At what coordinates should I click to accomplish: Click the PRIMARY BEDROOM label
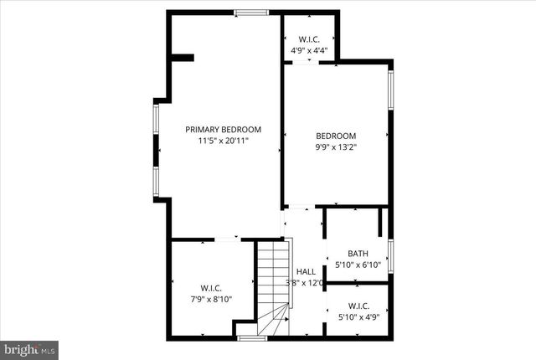(x=223, y=130)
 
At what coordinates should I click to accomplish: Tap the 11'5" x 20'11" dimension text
(x=223, y=141)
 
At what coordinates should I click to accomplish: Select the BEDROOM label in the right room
(x=336, y=136)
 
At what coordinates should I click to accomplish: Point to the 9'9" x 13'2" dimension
(x=336, y=147)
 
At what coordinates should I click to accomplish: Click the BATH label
(x=358, y=254)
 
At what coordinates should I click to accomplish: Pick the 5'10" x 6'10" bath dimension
(x=358, y=265)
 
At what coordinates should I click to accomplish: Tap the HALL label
(x=306, y=271)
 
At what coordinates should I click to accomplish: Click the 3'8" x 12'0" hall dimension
(x=306, y=282)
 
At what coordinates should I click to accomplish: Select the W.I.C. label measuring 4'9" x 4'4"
(x=309, y=39)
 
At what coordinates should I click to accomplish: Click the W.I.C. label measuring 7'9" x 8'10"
(x=210, y=289)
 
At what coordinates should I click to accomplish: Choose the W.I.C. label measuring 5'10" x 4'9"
(x=358, y=306)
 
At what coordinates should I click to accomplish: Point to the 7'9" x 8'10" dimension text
(x=210, y=300)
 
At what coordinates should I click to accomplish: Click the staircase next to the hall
(x=272, y=285)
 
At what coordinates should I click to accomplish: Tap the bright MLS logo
(x=29, y=347)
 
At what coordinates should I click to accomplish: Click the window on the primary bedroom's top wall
(x=251, y=13)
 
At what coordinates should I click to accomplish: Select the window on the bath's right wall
(x=390, y=255)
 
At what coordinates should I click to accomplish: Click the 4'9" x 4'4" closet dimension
(x=309, y=50)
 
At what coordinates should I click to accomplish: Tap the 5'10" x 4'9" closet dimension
(x=358, y=317)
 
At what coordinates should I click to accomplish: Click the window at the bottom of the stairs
(x=251, y=337)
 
